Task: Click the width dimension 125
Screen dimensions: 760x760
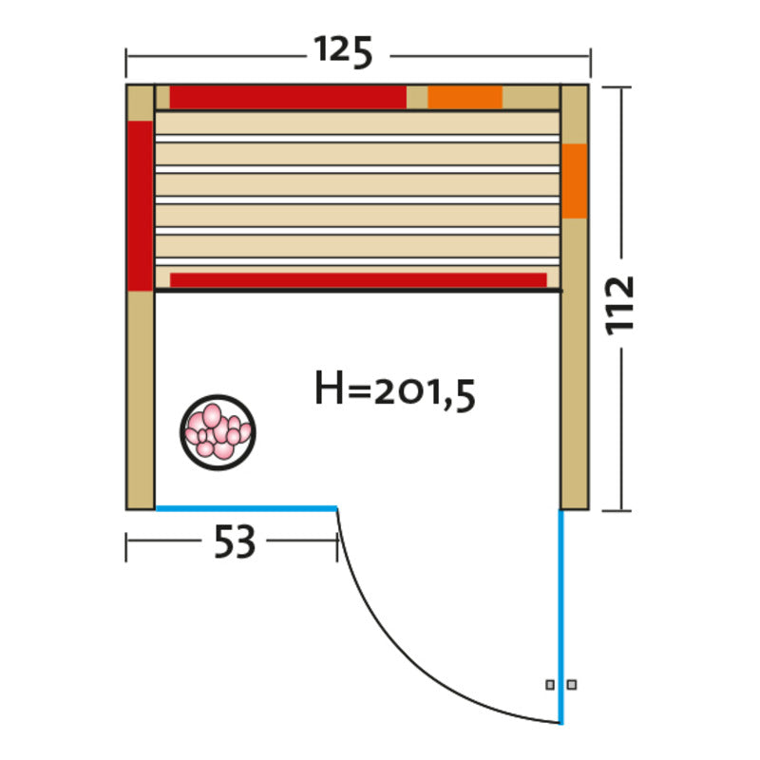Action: (343, 51)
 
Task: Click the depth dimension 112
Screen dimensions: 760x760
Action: (620, 305)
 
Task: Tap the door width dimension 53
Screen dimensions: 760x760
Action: (235, 541)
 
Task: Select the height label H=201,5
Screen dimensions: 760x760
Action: (395, 391)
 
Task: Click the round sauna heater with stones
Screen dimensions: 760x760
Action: (218, 432)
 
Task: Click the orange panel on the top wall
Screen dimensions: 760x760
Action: (465, 98)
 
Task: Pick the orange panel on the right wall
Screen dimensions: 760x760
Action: (575, 180)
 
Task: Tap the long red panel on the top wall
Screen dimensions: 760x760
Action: (288, 98)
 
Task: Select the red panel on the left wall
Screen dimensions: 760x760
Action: (140, 205)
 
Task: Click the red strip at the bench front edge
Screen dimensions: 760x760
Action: (358, 280)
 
